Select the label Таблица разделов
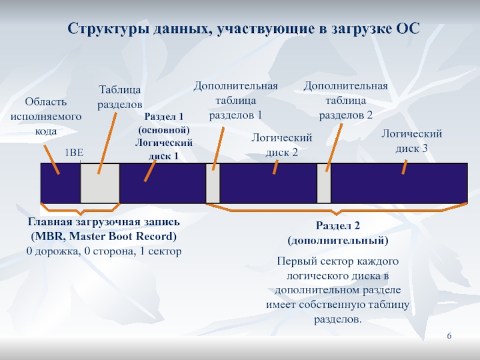pyautogui.click(x=120, y=97)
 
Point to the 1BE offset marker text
pyautogui.click(x=74, y=153)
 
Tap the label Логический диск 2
pyautogui.click(x=281, y=145)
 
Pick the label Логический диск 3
pyautogui.click(x=412, y=140)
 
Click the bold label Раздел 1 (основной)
pyautogui.click(x=164, y=123)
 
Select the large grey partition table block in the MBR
pyautogui.click(x=100, y=183)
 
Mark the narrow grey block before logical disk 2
pyautogui.click(x=212, y=183)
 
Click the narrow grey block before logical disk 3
pyautogui.click(x=324, y=183)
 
